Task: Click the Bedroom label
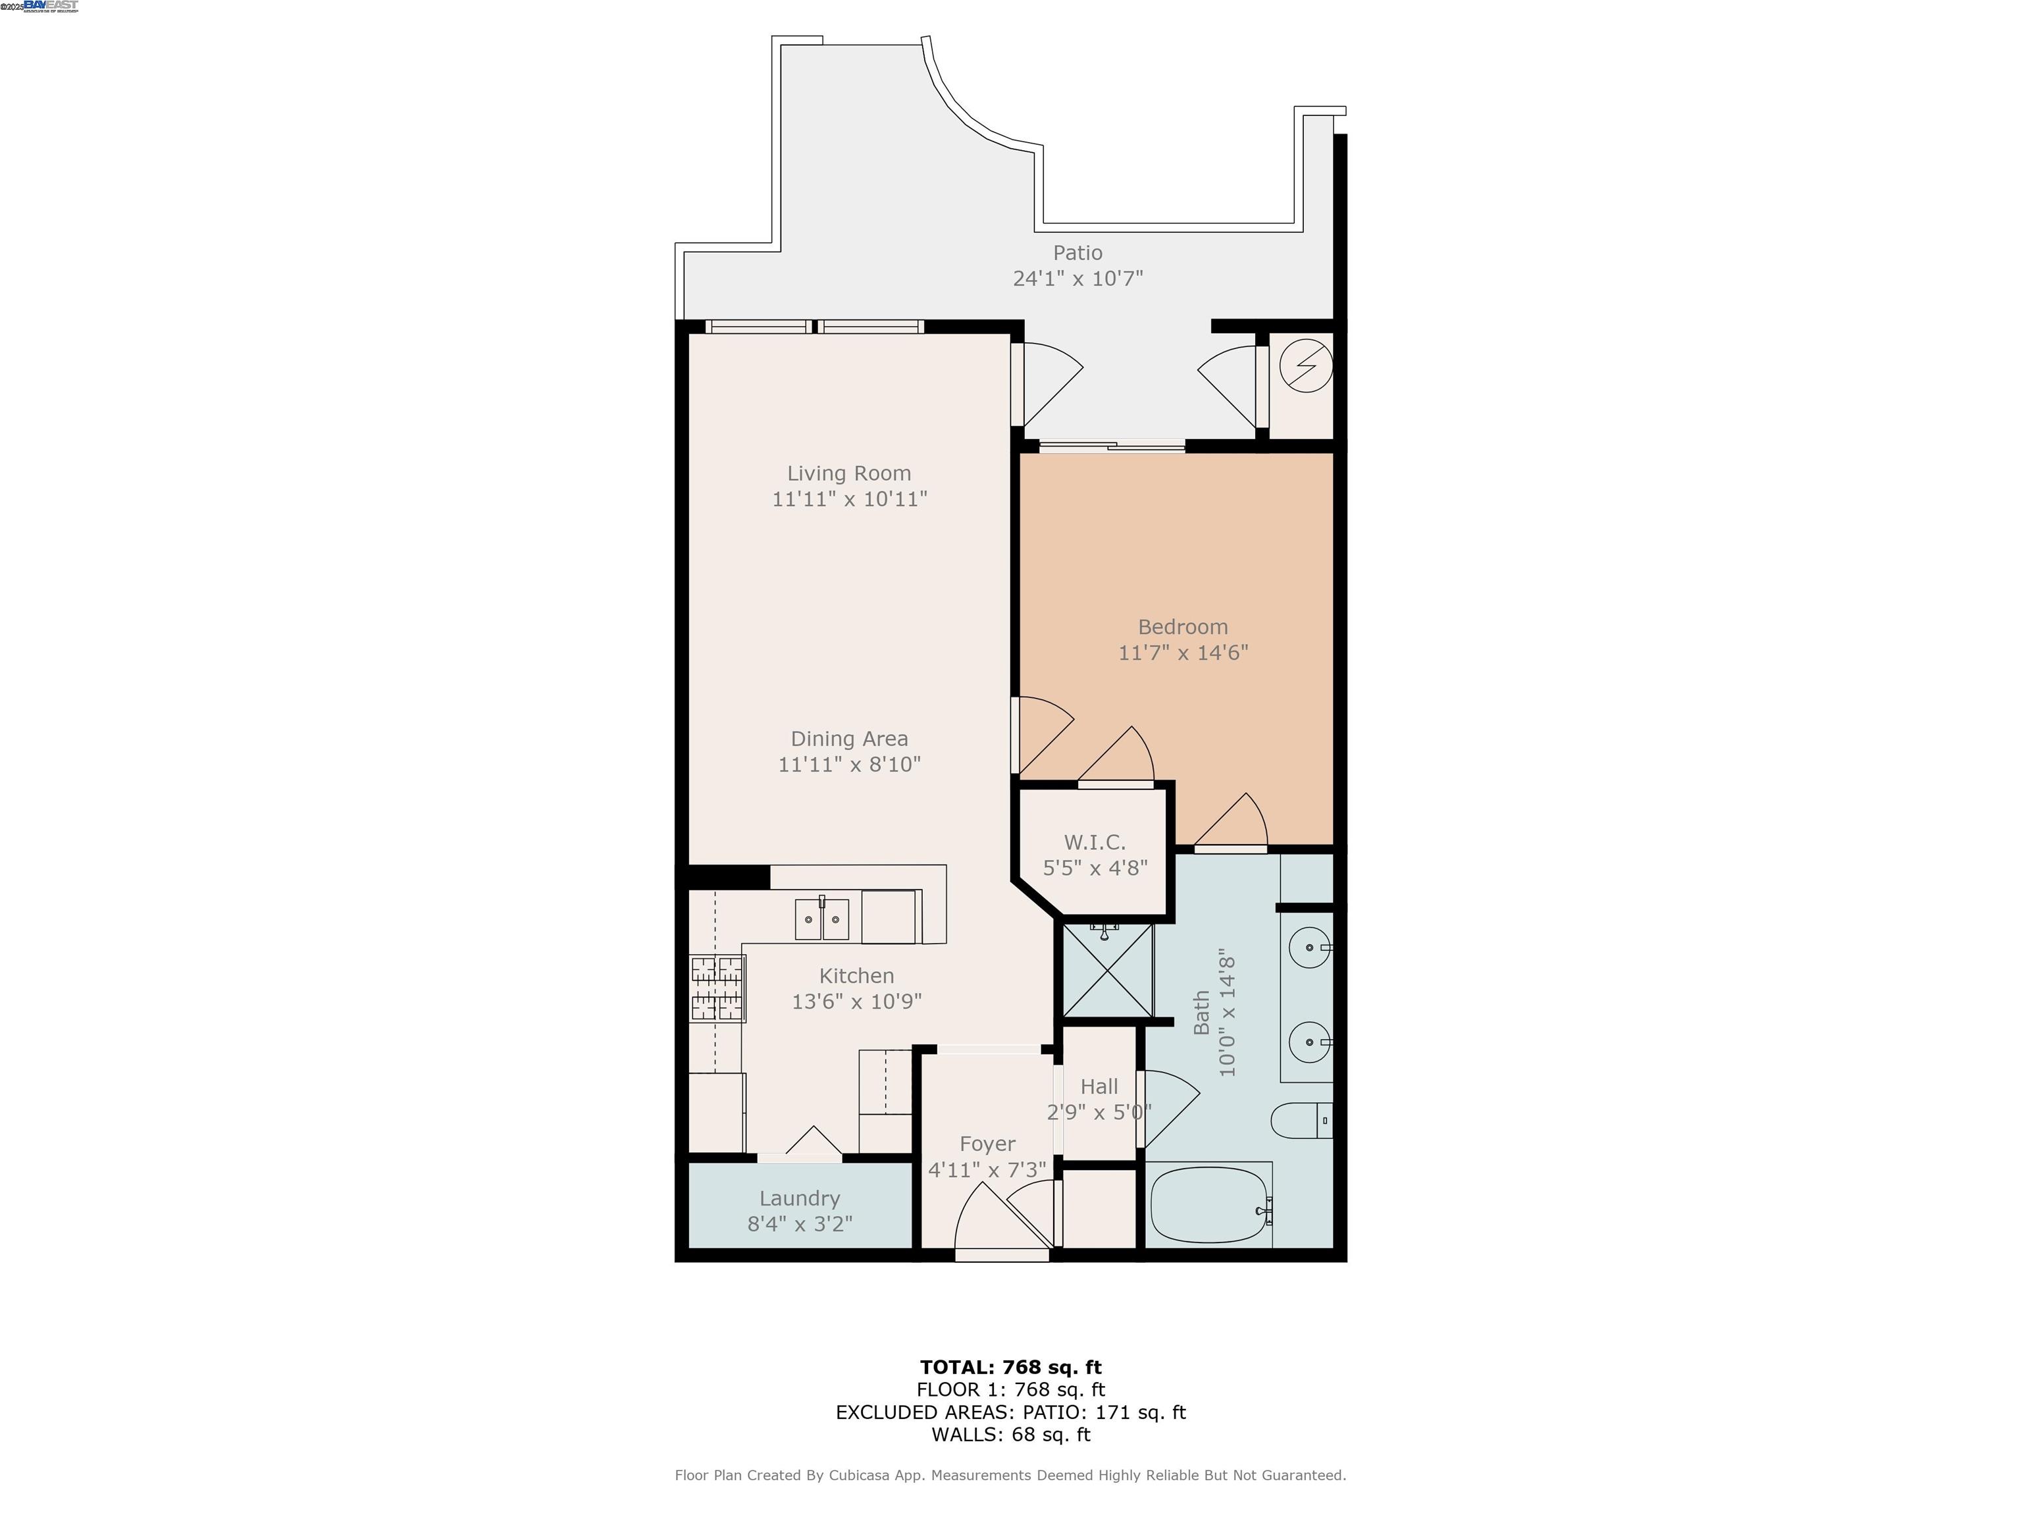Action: [1182, 627]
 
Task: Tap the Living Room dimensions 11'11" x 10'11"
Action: [849, 499]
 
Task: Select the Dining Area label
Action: [849, 739]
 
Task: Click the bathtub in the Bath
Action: [1208, 1204]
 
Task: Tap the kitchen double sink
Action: [822, 919]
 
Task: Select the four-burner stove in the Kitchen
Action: [717, 988]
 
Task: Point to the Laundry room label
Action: [799, 1199]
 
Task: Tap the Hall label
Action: [1099, 1087]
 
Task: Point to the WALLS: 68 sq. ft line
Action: [1010, 1435]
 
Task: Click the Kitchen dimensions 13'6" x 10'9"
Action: [856, 1002]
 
